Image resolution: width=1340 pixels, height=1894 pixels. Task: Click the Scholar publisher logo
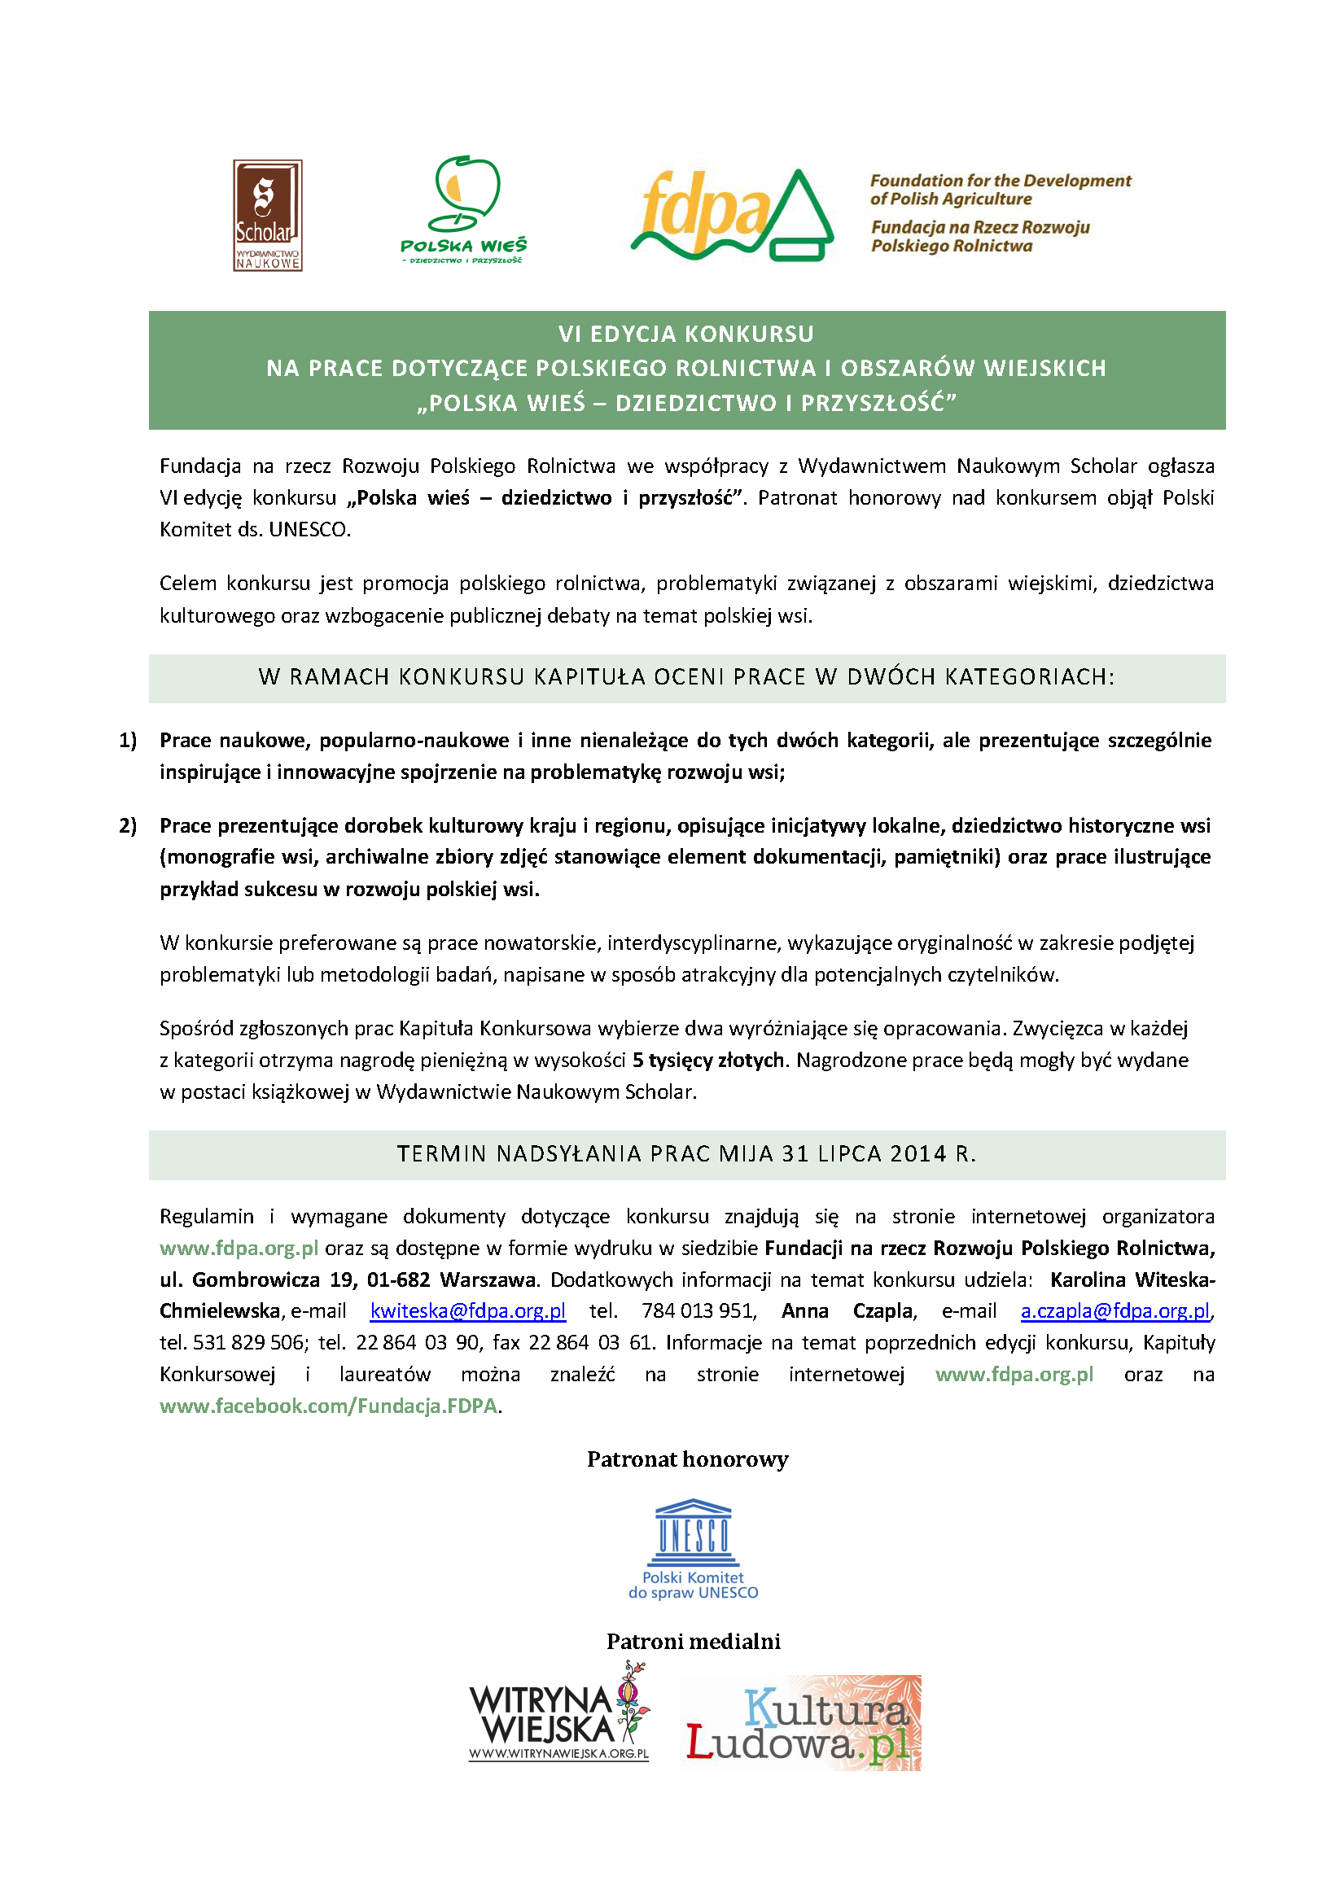pos(266,216)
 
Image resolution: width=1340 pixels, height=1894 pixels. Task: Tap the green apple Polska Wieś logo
pos(465,208)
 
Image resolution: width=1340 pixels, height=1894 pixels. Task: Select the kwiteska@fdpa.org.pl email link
pos(468,1310)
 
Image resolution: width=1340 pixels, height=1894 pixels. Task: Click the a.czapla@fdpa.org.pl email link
pos(1114,1310)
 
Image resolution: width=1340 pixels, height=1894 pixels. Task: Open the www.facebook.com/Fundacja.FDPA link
pos(328,1406)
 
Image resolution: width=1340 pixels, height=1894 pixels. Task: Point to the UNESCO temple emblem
pos(693,1533)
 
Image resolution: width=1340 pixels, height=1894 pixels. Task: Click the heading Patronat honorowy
pos(687,1459)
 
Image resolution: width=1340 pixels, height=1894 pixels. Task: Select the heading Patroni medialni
pos(693,1642)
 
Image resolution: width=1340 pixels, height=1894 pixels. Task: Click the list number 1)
pos(128,740)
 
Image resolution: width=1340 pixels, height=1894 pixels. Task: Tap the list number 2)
pos(128,826)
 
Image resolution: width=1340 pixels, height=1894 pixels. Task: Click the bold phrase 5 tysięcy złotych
pos(708,1060)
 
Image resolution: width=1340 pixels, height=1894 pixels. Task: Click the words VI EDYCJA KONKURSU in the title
pos(685,334)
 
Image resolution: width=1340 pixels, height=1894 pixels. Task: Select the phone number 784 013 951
pos(697,1310)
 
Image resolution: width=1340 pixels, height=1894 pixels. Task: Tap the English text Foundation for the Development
pos(1000,181)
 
